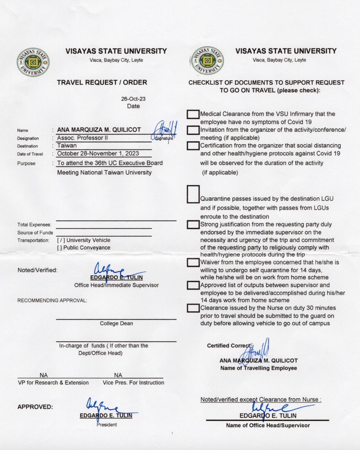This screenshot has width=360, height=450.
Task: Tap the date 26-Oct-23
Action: click(x=133, y=99)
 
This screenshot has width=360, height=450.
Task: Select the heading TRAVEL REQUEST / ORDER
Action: click(x=102, y=82)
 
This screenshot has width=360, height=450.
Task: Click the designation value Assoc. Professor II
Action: click(x=82, y=138)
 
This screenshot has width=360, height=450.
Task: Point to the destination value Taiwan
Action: click(x=67, y=145)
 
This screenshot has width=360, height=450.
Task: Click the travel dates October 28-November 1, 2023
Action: click(x=98, y=154)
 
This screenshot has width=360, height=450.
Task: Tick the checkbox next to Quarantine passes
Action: click(x=193, y=194)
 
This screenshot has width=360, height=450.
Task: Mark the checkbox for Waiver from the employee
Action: click(x=193, y=262)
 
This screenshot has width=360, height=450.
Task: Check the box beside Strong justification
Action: click(x=193, y=225)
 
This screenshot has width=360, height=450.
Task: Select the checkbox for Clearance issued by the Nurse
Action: click(x=193, y=308)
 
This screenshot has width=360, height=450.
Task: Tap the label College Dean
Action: click(x=116, y=323)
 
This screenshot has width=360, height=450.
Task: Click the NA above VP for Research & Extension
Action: click(x=43, y=375)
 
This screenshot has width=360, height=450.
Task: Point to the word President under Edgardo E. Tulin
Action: click(x=107, y=425)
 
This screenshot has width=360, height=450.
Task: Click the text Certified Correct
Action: click(x=229, y=346)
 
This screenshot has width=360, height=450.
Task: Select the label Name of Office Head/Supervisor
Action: click(x=268, y=425)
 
